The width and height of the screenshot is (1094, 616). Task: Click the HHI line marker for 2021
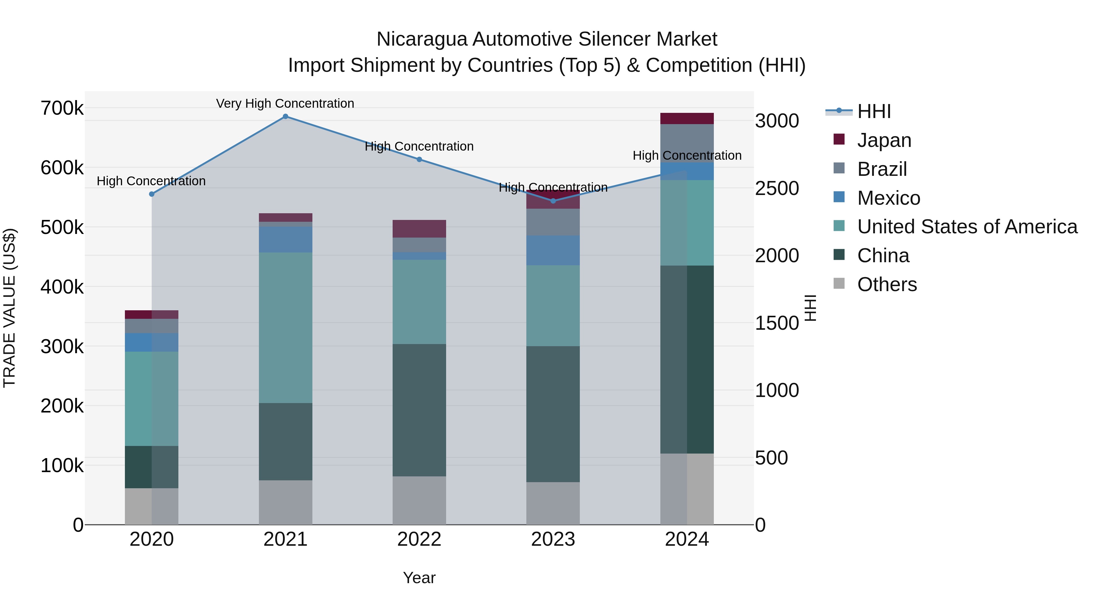click(x=285, y=117)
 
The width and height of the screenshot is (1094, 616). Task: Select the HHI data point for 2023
click(x=553, y=201)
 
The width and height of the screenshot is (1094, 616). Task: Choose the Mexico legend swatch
click(x=839, y=197)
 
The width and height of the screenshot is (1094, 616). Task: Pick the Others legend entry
click(x=887, y=284)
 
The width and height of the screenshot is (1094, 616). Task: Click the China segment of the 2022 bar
click(x=419, y=410)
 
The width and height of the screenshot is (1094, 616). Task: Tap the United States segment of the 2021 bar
click(x=285, y=327)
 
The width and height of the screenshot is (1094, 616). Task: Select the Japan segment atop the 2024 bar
click(x=687, y=119)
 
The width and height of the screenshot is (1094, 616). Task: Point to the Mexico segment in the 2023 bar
click(x=553, y=250)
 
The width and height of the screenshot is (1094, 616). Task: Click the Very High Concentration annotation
click(x=285, y=103)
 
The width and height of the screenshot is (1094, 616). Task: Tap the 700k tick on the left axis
click(x=62, y=108)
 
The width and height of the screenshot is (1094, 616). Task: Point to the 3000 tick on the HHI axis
click(x=777, y=121)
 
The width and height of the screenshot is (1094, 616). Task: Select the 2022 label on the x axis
click(x=419, y=539)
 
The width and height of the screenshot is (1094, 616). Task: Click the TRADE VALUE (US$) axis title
click(x=9, y=308)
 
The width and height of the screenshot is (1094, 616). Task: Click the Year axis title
click(x=419, y=578)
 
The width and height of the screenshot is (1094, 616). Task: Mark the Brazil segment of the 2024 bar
click(x=687, y=143)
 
